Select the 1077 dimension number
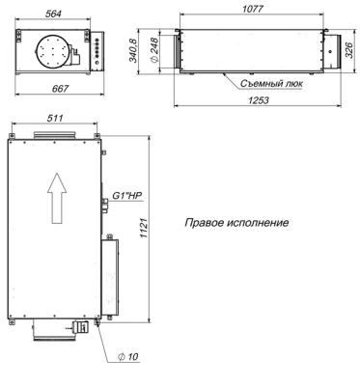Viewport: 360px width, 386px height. [252, 8]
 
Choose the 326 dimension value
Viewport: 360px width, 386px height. [350, 50]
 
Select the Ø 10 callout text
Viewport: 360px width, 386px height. [126, 357]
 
